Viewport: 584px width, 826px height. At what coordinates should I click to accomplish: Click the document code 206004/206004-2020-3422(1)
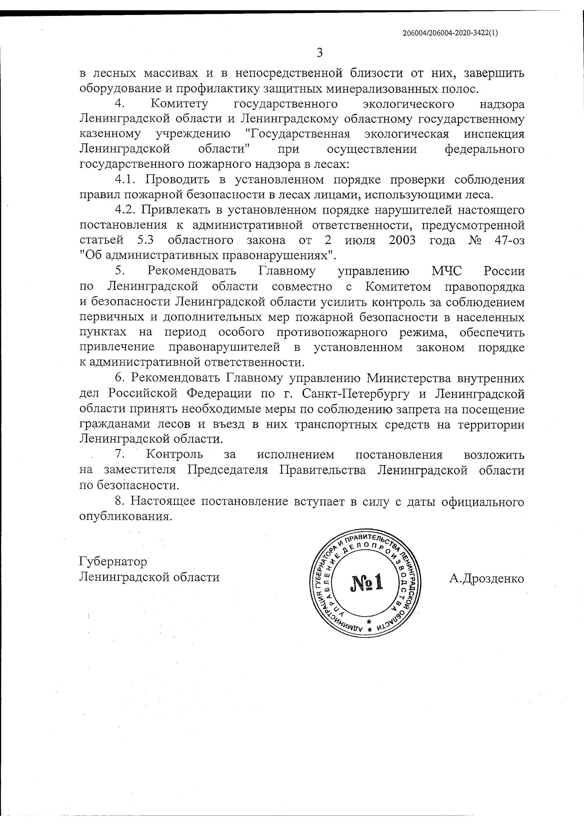coord(450,33)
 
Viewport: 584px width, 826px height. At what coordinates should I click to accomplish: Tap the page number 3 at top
coord(319,53)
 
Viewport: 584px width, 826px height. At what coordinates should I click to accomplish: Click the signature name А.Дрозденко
coord(486,578)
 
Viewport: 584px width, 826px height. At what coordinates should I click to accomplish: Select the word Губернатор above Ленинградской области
coord(113,562)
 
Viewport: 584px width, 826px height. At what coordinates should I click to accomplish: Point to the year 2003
coord(402,240)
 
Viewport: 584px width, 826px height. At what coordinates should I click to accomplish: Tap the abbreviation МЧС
coord(446,271)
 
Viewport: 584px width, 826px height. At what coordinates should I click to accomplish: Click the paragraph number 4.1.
coord(125,179)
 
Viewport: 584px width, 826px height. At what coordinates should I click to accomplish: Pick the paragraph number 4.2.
coord(125,210)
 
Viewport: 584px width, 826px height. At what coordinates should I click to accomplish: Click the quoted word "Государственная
coord(297,134)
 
